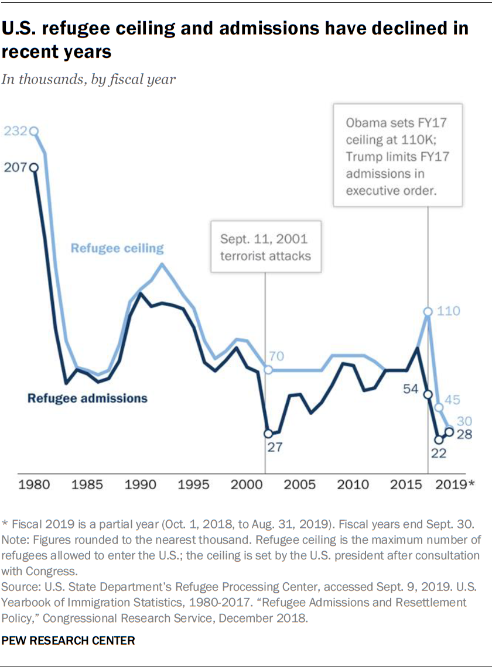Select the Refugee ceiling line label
click(117, 248)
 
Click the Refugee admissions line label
click(88, 398)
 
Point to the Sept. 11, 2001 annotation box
click(266, 247)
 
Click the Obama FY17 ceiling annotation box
click(398, 155)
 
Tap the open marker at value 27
click(268, 434)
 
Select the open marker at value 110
click(428, 311)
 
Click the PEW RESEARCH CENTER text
click(69, 641)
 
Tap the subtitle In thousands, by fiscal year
click(88, 79)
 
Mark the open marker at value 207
click(34, 168)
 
